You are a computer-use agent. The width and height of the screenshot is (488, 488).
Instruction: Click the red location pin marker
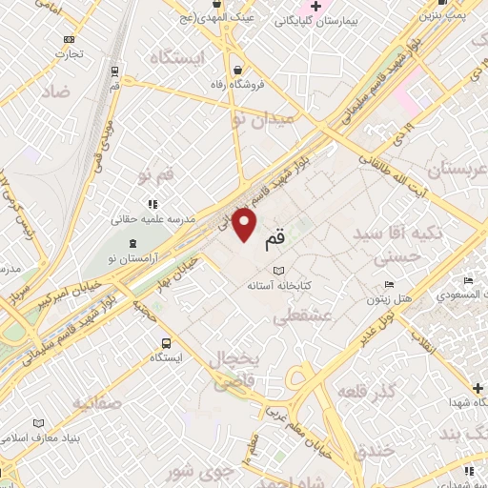tap(245, 226)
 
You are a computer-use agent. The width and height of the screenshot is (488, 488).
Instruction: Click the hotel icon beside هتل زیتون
tap(388, 285)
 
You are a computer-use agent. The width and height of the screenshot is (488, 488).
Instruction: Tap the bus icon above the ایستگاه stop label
tap(167, 343)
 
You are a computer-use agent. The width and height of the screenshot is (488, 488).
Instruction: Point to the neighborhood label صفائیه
tap(95, 401)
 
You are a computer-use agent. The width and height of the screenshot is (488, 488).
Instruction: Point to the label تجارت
tap(69, 53)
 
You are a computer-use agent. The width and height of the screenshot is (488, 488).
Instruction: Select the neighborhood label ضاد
tap(55, 91)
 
